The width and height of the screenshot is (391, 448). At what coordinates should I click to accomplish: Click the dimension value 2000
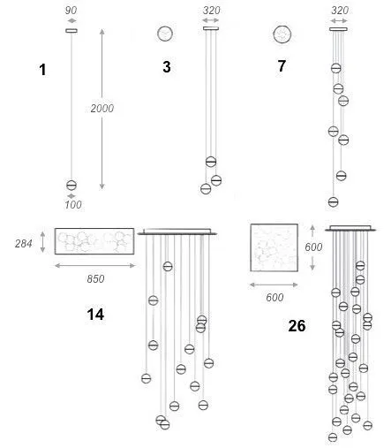tap(102, 109)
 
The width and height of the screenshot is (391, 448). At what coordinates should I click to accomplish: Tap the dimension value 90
tap(71, 11)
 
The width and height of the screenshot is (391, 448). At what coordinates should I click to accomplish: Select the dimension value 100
tap(73, 204)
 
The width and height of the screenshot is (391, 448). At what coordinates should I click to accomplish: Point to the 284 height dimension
tap(24, 243)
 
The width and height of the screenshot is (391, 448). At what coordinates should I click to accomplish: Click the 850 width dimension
tap(95, 278)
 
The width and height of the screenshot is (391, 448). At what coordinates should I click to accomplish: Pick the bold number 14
tap(95, 315)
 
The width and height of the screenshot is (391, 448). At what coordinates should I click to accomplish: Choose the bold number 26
tap(297, 326)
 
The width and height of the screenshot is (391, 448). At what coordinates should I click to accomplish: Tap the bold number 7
tap(282, 65)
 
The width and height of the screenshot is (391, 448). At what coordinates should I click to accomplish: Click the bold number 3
tap(167, 67)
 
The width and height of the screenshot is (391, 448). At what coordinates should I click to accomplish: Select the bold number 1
tap(42, 70)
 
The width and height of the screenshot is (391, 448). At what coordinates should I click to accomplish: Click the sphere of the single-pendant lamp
tap(71, 186)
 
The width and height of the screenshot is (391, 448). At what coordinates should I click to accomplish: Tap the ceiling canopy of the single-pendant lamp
tap(71, 30)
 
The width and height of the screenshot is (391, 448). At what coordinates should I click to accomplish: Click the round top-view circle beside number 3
tap(165, 34)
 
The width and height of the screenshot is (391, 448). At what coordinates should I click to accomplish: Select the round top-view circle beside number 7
tap(282, 34)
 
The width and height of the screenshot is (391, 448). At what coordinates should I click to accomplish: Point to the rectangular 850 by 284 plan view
tap(94, 241)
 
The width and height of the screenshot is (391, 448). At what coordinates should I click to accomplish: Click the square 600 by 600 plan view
tap(274, 247)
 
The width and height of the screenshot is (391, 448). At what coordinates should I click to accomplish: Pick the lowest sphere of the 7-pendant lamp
tap(334, 201)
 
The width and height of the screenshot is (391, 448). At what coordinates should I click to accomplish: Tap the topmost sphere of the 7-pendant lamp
tap(336, 68)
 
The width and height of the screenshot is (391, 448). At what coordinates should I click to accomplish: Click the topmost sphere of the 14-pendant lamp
tap(168, 267)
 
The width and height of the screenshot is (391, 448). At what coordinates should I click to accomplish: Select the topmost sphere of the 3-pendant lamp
tap(211, 162)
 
